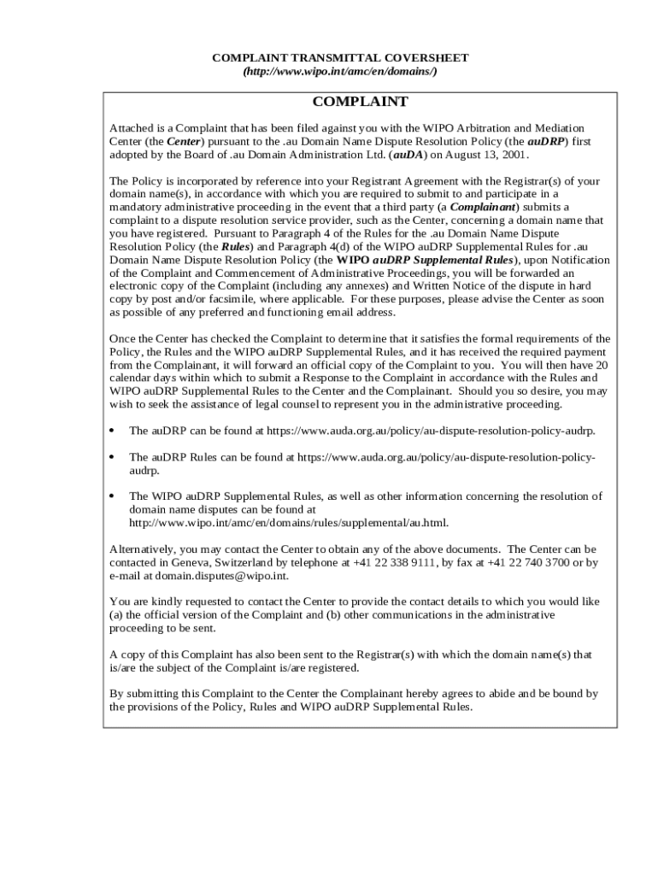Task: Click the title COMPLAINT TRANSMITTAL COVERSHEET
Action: (x=340, y=57)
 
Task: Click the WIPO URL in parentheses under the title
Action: (x=340, y=71)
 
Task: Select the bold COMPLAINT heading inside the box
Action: (x=360, y=102)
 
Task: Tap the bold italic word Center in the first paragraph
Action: (x=184, y=141)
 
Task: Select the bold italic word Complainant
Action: (x=483, y=207)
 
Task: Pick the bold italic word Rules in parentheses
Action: (x=236, y=246)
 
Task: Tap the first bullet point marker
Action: (x=113, y=432)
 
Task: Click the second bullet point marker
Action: (x=113, y=457)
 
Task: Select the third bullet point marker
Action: (x=113, y=496)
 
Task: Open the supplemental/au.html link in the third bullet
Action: (x=288, y=522)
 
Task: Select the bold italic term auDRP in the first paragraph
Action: (x=547, y=141)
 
